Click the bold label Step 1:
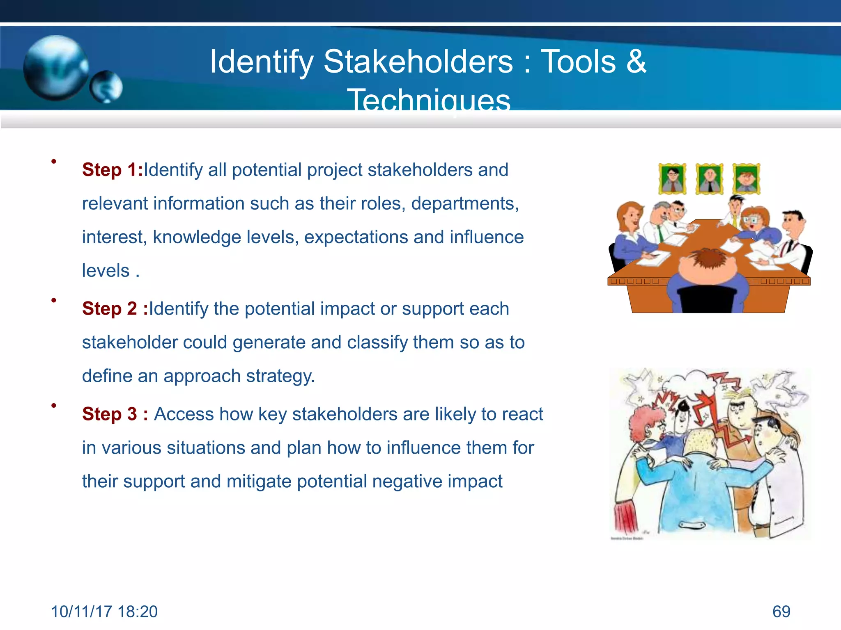(112, 170)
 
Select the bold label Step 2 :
(115, 309)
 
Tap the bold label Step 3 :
(115, 414)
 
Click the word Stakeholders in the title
(418, 62)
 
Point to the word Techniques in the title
(429, 100)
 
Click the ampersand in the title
(636, 62)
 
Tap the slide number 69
(781, 612)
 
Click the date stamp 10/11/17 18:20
(104, 612)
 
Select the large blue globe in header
(55, 68)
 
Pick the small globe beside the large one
(106, 87)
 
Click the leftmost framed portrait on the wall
(672, 179)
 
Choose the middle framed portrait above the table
(709, 179)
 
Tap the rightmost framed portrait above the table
(746, 179)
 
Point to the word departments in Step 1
(464, 204)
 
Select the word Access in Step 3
(184, 414)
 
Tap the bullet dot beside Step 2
(54, 301)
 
